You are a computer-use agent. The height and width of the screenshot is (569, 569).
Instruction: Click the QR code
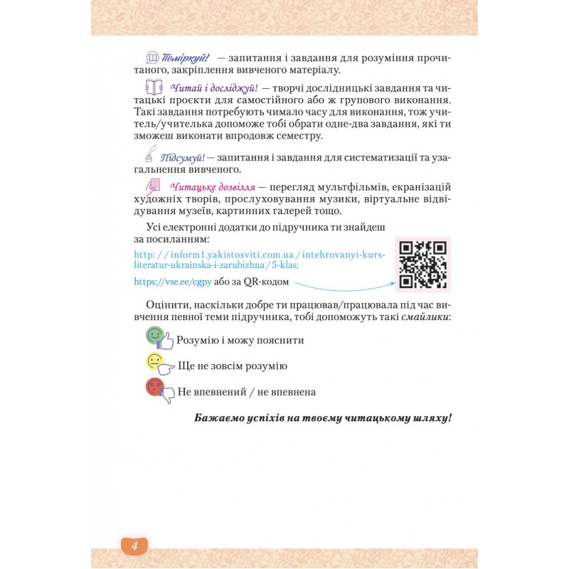(422, 265)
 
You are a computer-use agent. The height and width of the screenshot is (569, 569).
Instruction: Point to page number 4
(134, 546)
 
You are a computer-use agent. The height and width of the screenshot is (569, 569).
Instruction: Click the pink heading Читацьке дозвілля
(213, 186)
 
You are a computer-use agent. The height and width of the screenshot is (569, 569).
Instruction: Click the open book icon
(154, 87)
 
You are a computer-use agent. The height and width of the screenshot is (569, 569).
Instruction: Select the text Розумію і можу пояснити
(240, 340)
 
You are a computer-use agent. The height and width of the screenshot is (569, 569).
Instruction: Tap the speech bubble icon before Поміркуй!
(151, 57)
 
